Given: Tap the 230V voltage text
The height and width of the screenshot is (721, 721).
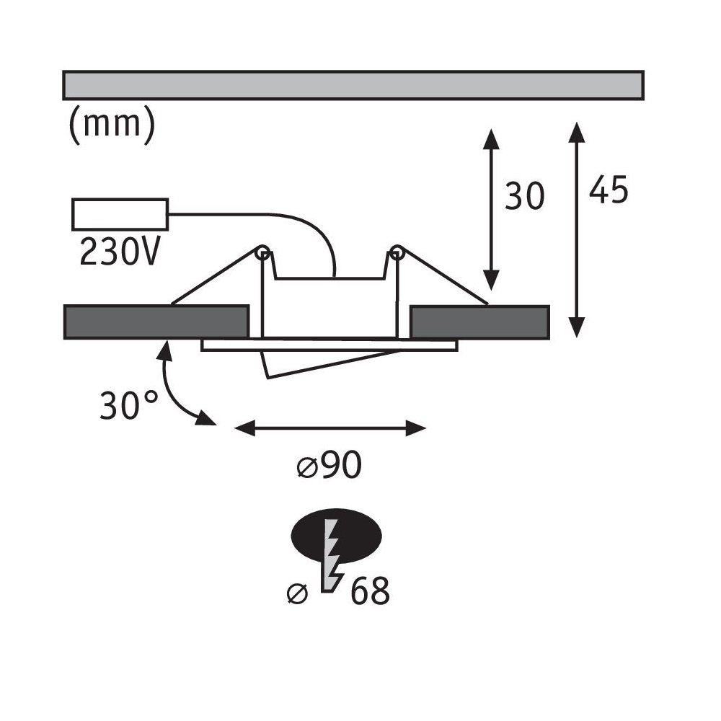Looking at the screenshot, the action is coord(120,252).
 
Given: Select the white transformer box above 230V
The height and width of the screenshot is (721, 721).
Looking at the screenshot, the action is coord(120,214).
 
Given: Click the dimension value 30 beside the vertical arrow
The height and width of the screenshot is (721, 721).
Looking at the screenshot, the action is coord(525,196).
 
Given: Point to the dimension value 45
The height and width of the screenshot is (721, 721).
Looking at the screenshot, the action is coord(609,189).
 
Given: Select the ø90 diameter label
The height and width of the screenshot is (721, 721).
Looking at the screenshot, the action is coord(329,465).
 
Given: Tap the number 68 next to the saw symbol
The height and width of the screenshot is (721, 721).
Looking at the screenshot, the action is coord(370,590).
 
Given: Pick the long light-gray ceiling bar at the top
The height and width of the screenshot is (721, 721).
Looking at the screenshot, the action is coord(353,85).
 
